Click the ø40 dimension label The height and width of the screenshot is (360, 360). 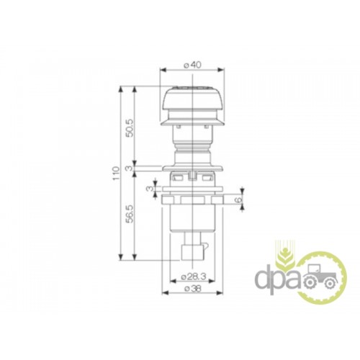click(x=192, y=65)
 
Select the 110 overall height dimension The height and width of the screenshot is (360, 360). click(x=116, y=174)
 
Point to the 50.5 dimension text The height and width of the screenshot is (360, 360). click(x=130, y=127)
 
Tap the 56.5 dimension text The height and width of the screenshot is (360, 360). click(x=130, y=214)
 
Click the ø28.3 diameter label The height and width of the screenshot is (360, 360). click(x=194, y=276)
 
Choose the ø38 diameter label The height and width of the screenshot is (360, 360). click(x=193, y=289)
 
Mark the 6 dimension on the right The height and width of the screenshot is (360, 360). click(x=238, y=199)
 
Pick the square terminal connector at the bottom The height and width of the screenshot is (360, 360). click(x=192, y=252)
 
